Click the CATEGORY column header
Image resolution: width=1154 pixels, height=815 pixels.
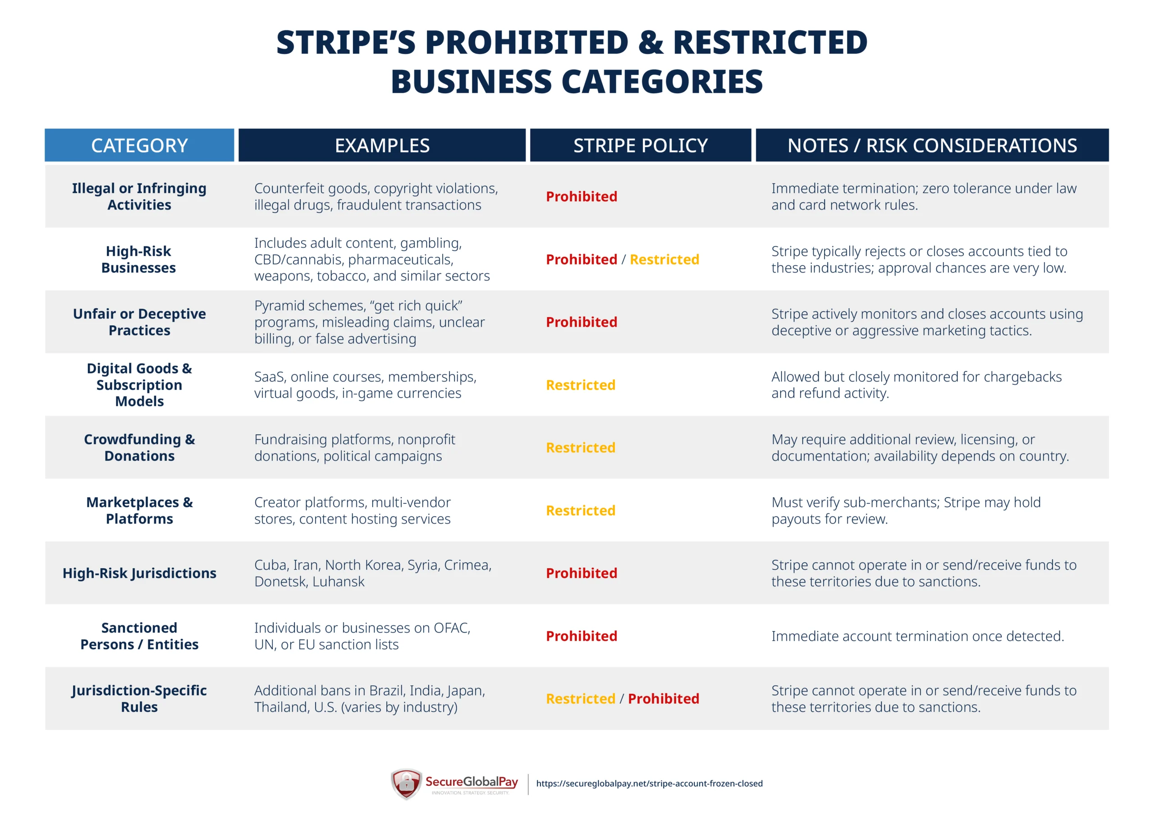click(139, 145)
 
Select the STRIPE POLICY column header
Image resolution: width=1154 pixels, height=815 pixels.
click(640, 145)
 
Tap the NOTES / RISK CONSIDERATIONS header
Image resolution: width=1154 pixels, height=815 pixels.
click(932, 145)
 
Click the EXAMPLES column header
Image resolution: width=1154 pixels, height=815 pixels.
click(382, 145)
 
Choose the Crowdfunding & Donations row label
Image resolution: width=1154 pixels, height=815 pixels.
click(139, 447)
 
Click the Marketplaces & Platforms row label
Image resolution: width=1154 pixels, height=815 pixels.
click(139, 510)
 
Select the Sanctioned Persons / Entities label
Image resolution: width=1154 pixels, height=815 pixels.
click(139, 636)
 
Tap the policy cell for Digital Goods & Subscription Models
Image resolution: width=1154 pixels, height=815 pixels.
click(581, 385)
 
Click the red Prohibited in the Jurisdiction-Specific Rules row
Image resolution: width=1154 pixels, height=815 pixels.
click(664, 698)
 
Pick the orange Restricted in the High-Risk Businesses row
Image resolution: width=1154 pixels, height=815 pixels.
click(664, 259)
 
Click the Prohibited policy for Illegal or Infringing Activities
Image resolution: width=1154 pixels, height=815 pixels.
click(582, 196)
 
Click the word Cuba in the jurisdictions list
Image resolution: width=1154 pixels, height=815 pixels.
click(271, 565)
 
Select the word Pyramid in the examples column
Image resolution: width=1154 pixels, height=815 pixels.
click(280, 305)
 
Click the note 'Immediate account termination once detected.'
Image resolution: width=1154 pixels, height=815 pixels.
click(917, 636)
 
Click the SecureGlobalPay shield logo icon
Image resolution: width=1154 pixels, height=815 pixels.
click(406, 783)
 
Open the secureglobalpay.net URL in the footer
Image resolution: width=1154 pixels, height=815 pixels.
click(650, 783)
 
